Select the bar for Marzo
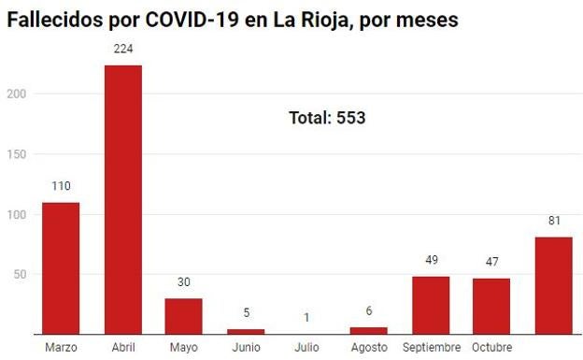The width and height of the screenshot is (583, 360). [x=61, y=268]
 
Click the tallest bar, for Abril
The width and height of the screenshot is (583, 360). [x=122, y=199]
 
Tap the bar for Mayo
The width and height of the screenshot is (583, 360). [x=184, y=316]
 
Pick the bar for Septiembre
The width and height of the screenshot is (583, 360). [x=431, y=305]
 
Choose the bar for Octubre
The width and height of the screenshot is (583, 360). [x=491, y=306]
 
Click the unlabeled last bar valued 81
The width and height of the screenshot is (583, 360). [x=553, y=285]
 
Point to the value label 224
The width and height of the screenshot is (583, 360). [x=122, y=50]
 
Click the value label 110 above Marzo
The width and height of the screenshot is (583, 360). [x=61, y=186]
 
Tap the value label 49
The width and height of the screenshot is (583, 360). [x=431, y=260]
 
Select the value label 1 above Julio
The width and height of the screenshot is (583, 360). [x=307, y=317]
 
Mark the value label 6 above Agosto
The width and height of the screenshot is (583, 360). [x=369, y=311]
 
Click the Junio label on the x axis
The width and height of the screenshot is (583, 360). [x=246, y=348]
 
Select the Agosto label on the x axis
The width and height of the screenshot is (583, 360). [x=369, y=348]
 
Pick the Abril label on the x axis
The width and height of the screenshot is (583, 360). [x=122, y=348]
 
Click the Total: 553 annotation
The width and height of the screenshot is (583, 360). [x=327, y=119]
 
